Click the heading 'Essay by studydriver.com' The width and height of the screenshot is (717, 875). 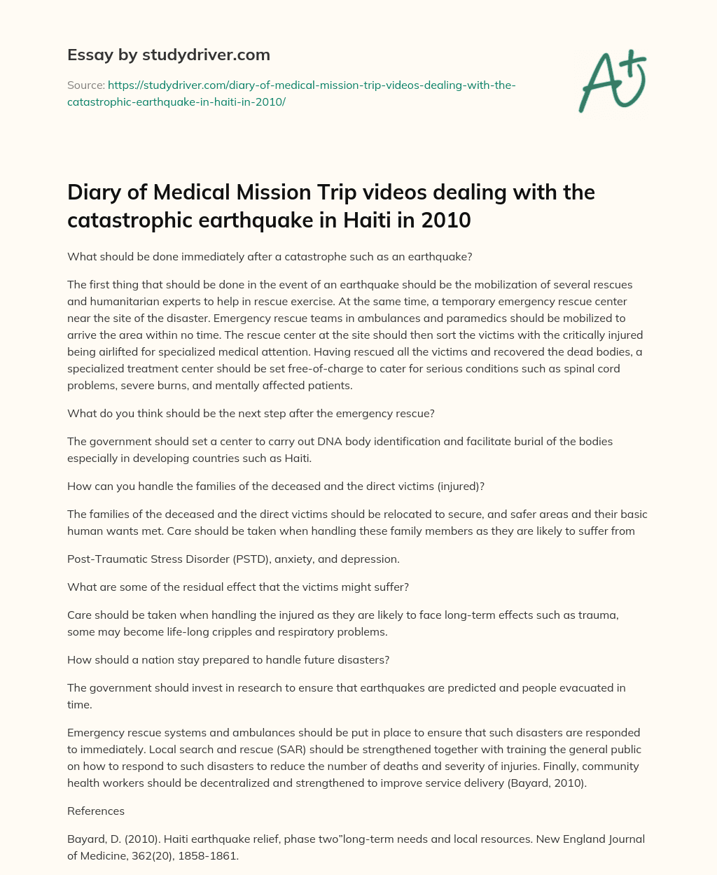click(x=168, y=55)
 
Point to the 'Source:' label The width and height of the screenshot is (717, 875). click(x=85, y=85)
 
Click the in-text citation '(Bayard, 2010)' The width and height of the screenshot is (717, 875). click(x=547, y=783)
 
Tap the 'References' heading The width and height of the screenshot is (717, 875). click(x=96, y=811)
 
